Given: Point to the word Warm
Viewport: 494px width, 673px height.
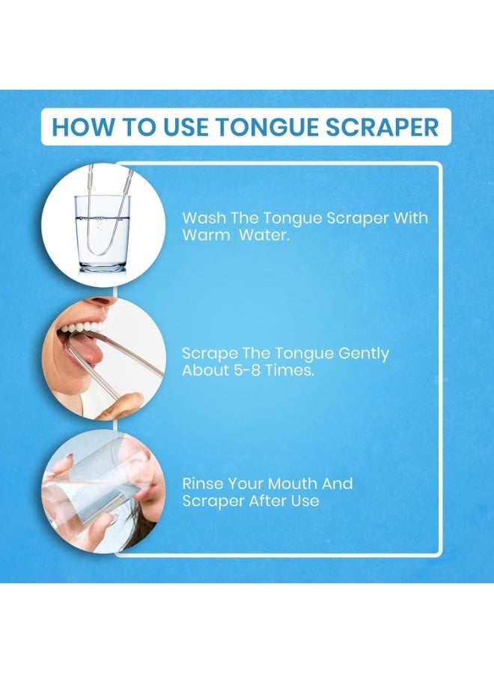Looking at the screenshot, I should coord(204,235).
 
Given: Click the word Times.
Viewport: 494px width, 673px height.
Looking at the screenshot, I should coord(290,370).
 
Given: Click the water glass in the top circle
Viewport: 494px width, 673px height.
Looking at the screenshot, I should coord(103,233).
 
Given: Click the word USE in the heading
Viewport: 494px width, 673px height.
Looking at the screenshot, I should coord(171,126).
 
